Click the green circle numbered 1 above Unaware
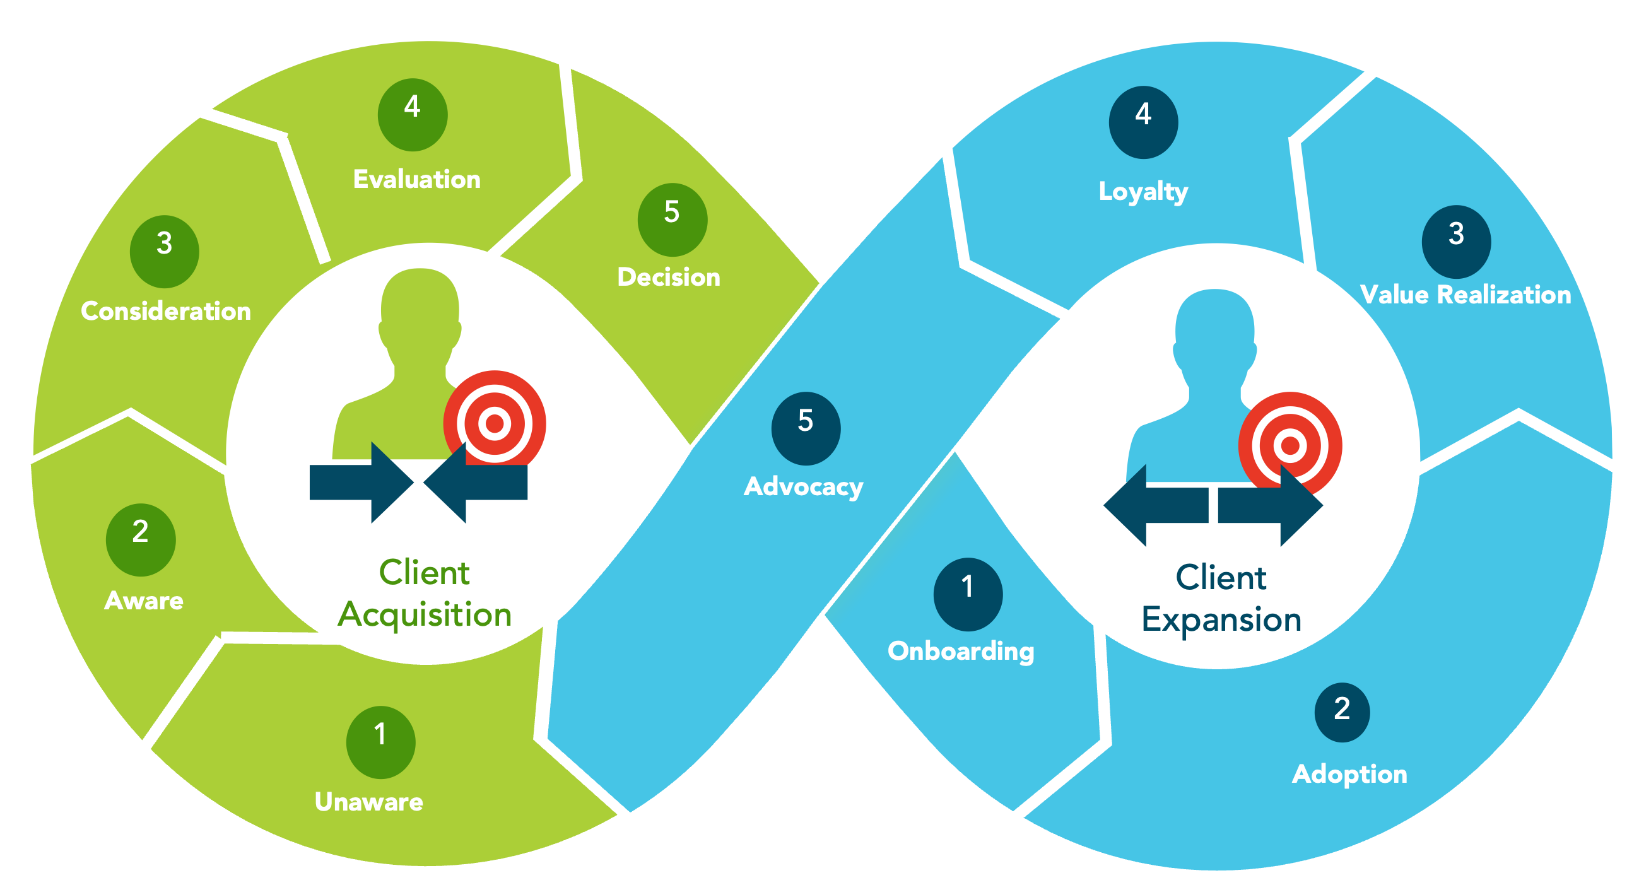(x=380, y=742)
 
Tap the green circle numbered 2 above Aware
(x=141, y=539)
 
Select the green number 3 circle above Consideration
(x=164, y=251)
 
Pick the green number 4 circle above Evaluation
(x=413, y=115)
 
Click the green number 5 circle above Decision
(x=672, y=220)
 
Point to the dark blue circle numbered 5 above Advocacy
(x=806, y=428)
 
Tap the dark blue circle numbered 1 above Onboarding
(x=968, y=594)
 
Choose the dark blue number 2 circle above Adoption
(x=1342, y=712)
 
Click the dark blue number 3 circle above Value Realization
(x=1456, y=242)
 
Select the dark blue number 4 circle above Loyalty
(x=1143, y=122)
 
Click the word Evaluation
(x=417, y=179)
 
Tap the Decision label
(x=669, y=278)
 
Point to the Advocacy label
(x=804, y=487)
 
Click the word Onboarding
(x=961, y=651)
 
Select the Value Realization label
(x=1466, y=295)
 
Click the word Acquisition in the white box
(x=425, y=614)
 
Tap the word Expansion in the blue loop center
(x=1221, y=619)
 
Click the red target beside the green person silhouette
(x=495, y=423)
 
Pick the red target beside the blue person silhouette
(x=1289, y=445)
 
